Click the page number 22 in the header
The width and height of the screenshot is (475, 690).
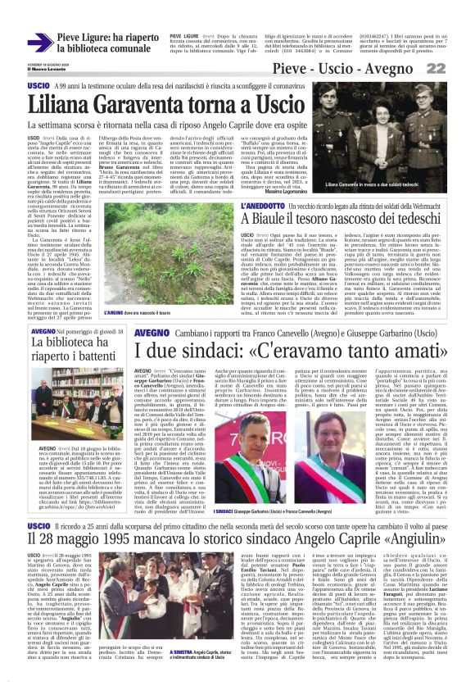coord(455,71)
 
